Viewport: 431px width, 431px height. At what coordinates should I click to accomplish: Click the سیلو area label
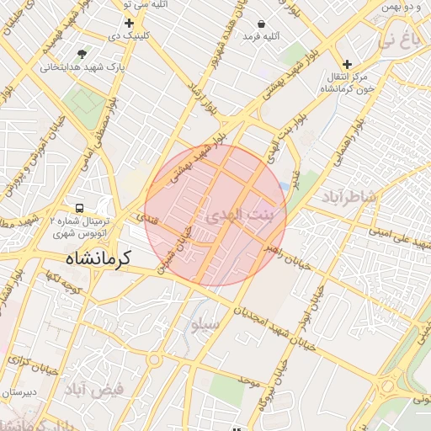coord(205,324)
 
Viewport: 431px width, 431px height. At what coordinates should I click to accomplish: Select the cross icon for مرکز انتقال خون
coord(347,64)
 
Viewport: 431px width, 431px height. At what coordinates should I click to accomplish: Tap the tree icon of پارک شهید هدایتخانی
coord(82,54)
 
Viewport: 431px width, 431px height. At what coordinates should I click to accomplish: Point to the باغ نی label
coord(396,38)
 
